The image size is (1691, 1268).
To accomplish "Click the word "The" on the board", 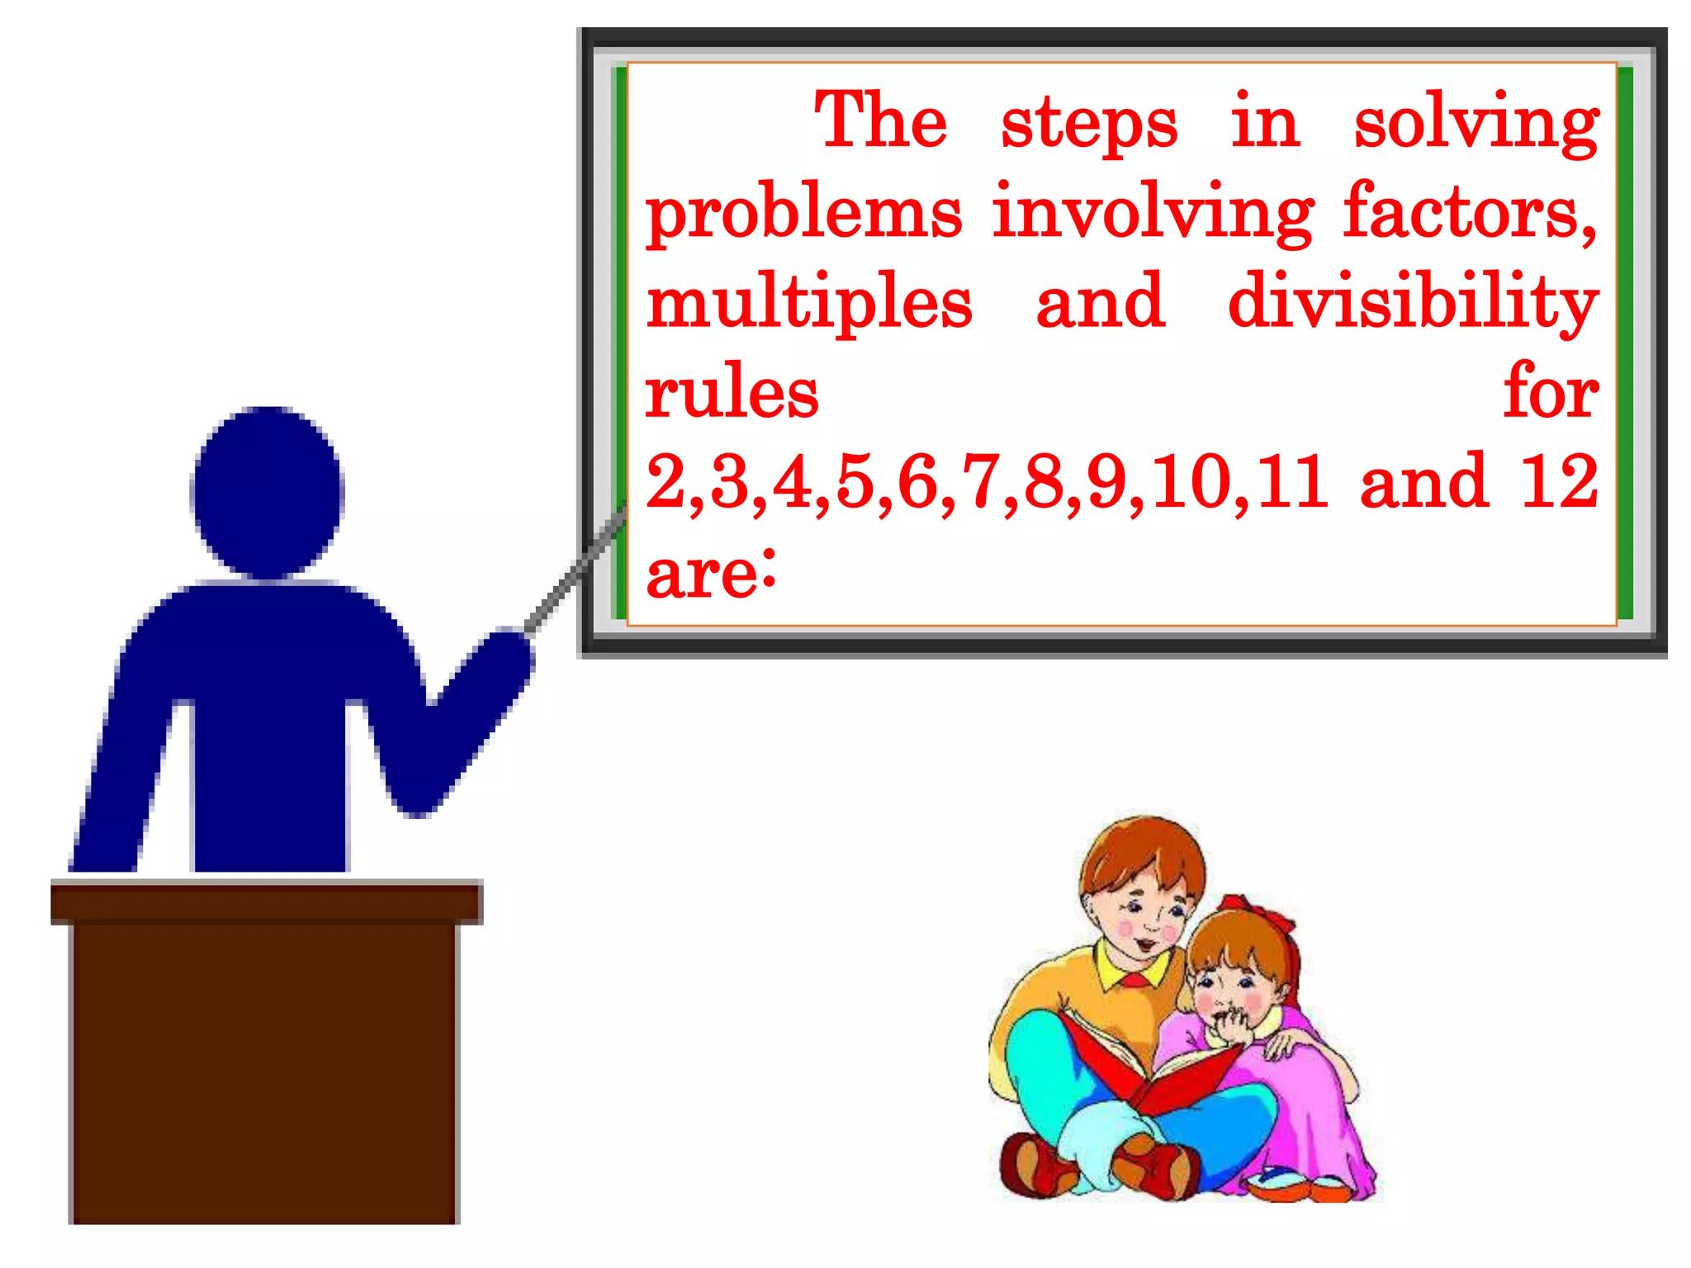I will [x=880, y=122].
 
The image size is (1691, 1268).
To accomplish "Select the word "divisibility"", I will [x=1413, y=302].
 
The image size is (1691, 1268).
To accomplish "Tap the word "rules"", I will [x=732, y=393].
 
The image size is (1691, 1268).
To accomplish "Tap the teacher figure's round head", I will [x=267, y=492].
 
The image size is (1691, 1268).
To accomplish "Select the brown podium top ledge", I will [x=266, y=901].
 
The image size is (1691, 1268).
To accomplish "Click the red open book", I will [x=1156, y=1065].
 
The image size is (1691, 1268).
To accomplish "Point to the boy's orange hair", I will [x=1144, y=850].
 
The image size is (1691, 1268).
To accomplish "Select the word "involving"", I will [x=1153, y=213].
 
